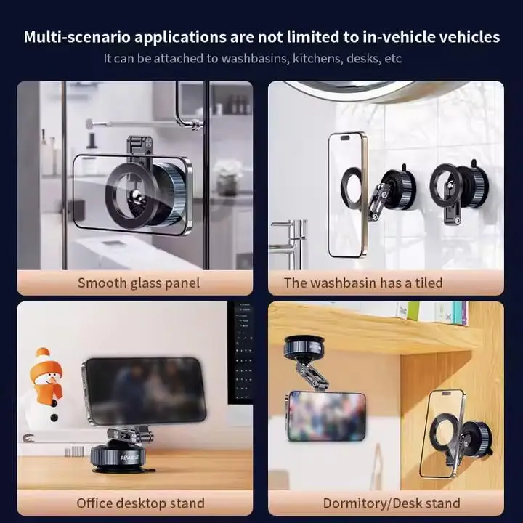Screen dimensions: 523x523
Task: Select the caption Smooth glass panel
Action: click(138, 283)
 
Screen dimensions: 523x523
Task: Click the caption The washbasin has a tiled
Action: click(363, 283)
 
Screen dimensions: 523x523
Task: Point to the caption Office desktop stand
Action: click(140, 503)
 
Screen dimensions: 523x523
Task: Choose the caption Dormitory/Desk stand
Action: click(392, 503)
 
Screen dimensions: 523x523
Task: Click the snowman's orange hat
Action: click(47, 363)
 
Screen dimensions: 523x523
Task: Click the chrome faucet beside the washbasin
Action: click(291, 236)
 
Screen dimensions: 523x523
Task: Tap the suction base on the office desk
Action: click(119, 458)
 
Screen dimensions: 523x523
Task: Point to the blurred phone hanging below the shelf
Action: click(326, 415)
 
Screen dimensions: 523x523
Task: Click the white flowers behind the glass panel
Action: click(227, 170)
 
